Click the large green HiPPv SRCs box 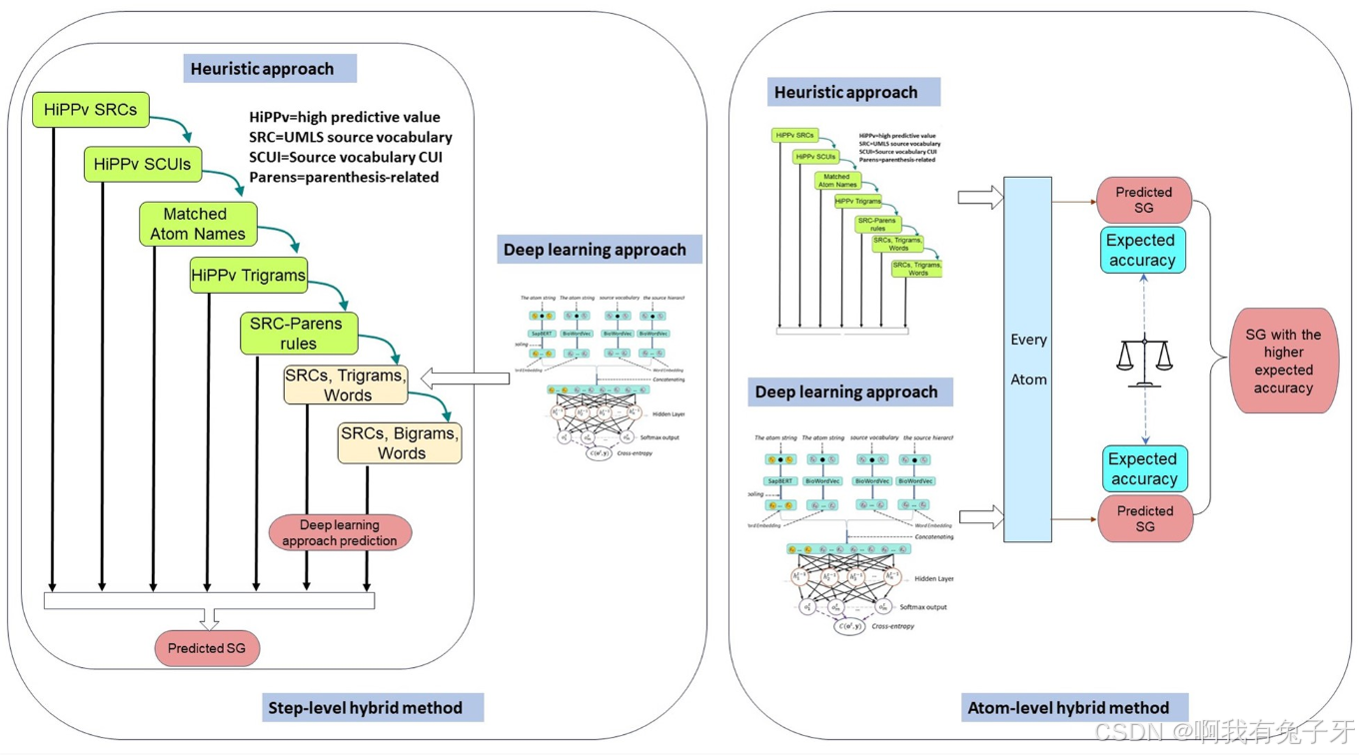coord(90,110)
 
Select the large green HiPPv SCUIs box coord(142,164)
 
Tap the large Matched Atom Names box coord(197,224)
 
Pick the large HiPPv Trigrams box coord(248,275)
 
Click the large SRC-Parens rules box coord(298,334)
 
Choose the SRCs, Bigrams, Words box coord(400,443)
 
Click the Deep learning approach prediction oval coord(340,532)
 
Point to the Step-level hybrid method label coord(365,707)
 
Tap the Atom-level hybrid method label coord(1067,708)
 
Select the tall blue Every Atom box coord(1027,360)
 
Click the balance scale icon coord(1145,362)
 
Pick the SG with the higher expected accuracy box coord(1282,361)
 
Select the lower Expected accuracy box coord(1144,469)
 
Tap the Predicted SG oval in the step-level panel coord(207,648)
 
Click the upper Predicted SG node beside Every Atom coord(1144,200)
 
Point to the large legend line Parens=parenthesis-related coord(344,177)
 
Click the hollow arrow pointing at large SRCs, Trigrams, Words coord(465,378)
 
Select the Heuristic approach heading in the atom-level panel coord(845,93)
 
